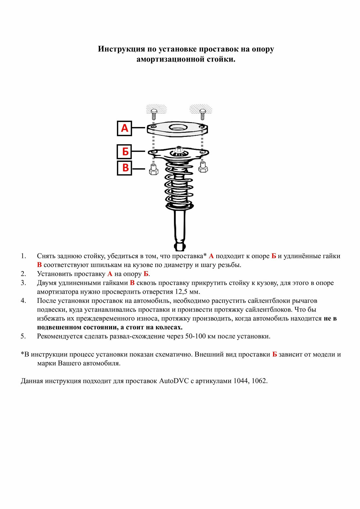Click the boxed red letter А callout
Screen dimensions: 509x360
[124, 128]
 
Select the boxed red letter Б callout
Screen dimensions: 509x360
[124, 152]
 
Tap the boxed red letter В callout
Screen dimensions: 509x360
[124, 168]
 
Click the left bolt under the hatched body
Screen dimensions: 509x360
[154, 114]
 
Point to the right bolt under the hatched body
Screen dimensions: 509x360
[203, 114]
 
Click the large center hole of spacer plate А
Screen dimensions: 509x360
[178, 127]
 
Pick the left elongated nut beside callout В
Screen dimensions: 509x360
[153, 169]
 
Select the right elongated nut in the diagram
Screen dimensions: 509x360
[203, 167]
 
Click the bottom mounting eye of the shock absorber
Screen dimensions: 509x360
[180, 246]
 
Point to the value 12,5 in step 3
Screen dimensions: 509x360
[181, 292]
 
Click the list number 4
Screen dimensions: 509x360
[23, 301]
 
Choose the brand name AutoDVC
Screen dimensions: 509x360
[174, 381]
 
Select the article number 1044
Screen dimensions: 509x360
[241, 381]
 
